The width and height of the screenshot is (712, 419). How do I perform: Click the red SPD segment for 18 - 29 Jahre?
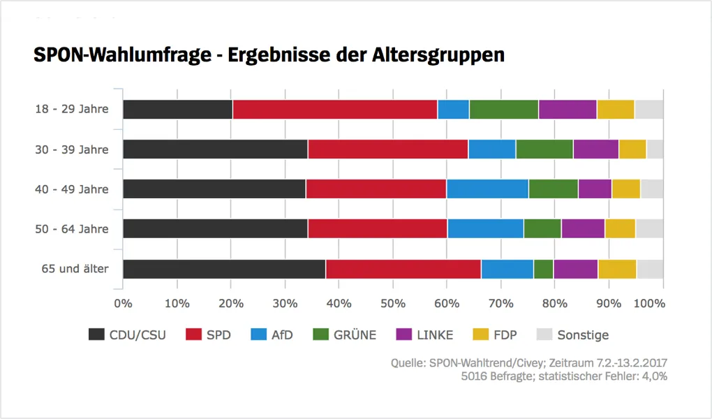click(335, 110)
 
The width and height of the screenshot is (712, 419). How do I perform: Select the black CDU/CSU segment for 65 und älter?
click(224, 269)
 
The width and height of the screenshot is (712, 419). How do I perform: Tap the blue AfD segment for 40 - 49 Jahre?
click(487, 189)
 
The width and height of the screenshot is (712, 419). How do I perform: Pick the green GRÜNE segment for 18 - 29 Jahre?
click(503, 110)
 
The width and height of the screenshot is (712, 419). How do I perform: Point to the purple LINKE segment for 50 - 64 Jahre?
click(583, 229)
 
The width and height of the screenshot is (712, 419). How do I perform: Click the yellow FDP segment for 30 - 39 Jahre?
click(632, 149)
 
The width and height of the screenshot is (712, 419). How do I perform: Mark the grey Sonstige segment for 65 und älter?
click(650, 269)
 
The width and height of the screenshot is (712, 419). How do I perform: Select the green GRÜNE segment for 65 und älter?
click(543, 269)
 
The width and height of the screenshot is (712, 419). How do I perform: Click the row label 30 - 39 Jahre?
click(72, 149)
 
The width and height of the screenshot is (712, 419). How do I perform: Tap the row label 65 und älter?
click(73, 269)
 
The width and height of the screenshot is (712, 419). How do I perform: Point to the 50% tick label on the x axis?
click(392, 304)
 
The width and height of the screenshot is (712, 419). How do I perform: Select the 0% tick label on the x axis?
click(123, 304)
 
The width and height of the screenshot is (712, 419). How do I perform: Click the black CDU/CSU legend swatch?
click(96, 335)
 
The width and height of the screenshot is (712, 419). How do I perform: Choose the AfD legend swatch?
click(251, 335)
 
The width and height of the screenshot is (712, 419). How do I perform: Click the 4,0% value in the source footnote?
click(654, 376)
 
